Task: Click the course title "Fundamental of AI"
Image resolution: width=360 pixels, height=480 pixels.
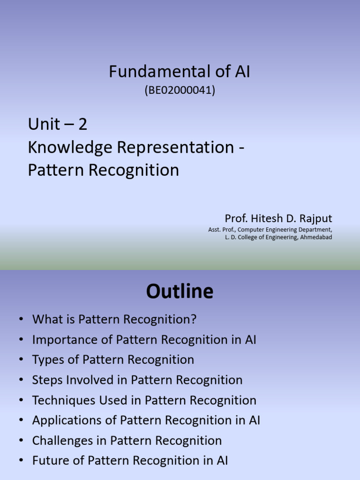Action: pyautogui.click(x=180, y=72)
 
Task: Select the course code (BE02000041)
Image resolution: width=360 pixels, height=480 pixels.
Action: pyautogui.click(x=180, y=90)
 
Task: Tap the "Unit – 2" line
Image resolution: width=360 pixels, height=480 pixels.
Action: pyautogui.click(x=58, y=124)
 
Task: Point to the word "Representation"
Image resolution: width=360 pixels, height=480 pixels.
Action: pyautogui.click(x=175, y=147)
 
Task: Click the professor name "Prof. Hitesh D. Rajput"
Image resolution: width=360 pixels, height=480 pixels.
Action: pyautogui.click(x=278, y=218)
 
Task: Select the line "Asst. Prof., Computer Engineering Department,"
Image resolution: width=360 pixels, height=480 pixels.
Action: pyautogui.click(x=270, y=230)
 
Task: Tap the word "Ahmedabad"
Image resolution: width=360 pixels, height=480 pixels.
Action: pyautogui.click(x=315, y=237)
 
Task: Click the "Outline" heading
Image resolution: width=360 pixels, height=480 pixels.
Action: pyautogui.click(x=180, y=292)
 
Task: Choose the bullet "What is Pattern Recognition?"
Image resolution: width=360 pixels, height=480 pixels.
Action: pyautogui.click(x=114, y=320)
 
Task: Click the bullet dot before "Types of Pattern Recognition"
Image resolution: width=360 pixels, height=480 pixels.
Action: pyautogui.click(x=21, y=360)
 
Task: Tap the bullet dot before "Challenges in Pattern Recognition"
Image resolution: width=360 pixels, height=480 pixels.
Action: pyautogui.click(x=21, y=441)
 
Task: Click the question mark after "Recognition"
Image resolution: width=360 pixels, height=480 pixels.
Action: pyautogui.click(x=193, y=320)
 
